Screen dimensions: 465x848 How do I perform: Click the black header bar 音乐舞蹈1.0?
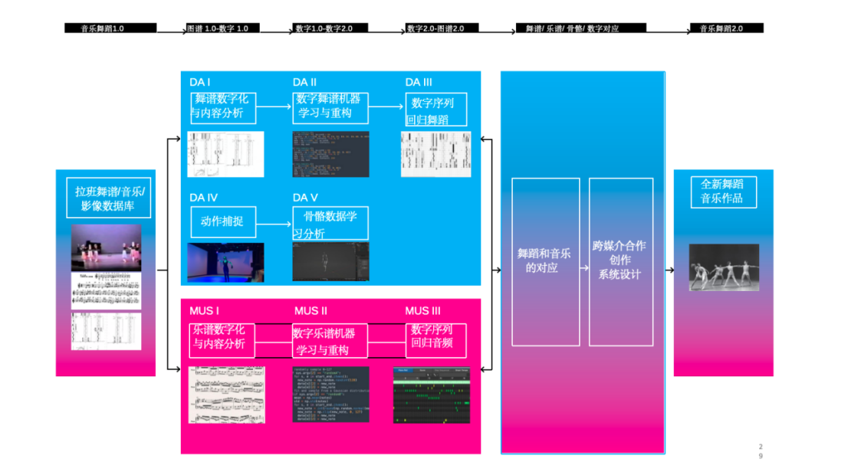tap(110, 28)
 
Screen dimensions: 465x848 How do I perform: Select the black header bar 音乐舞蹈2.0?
tap(727, 28)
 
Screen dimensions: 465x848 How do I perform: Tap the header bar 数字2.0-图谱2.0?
tap(442, 28)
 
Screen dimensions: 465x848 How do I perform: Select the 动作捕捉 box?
tap(222, 221)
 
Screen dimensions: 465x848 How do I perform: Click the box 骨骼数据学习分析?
tap(330, 223)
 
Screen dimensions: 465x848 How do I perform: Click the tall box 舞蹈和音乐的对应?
tap(546, 261)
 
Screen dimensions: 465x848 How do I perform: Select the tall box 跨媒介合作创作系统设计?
tap(620, 261)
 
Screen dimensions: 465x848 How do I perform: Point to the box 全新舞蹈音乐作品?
tap(723, 192)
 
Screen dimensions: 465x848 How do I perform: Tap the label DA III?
tap(419, 83)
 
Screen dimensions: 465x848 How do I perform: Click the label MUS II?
tap(311, 311)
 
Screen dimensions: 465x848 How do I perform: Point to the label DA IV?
tap(204, 198)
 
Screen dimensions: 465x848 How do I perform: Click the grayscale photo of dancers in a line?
tap(723, 267)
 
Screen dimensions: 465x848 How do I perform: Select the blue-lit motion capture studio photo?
tap(225, 262)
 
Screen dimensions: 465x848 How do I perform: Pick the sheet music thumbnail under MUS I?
tap(226, 394)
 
